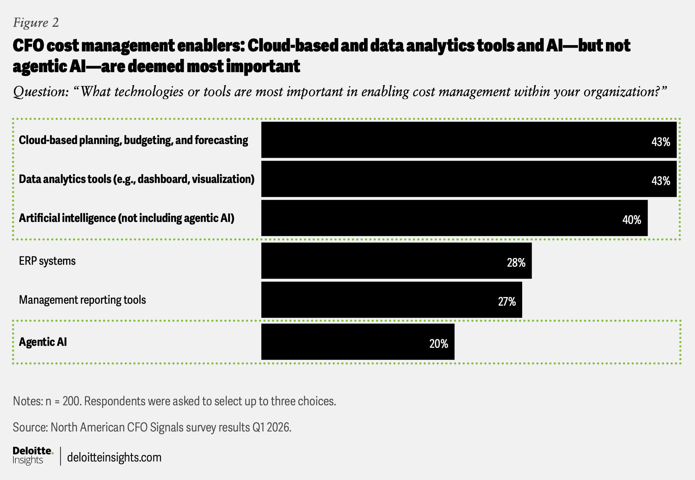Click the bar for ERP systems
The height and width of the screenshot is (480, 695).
[x=396, y=261]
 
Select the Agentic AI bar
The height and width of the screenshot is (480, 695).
[x=358, y=342]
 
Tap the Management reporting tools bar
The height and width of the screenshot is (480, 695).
[x=391, y=300]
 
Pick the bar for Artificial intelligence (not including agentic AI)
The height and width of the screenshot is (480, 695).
[x=454, y=218]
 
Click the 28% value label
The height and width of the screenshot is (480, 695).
[x=516, y=263]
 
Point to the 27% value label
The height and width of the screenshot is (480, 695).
[x=507, y=301]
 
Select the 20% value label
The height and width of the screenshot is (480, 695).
[x=438, y=344]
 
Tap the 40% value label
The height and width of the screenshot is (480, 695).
[x=631, y=220]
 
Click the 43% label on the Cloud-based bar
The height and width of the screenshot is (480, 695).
[x=660, y=142]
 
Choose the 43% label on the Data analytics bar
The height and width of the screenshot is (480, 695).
[x=660, y=181]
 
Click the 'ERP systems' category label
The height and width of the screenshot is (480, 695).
[x=47, y=261]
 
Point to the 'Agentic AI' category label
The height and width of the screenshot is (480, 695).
[x=43, y=342]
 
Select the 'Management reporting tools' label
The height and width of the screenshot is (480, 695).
[x=82, y=300]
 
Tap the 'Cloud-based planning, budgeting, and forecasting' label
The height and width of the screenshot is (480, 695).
[x=133, y=140]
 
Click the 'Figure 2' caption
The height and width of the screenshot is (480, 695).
[x=36, y=22]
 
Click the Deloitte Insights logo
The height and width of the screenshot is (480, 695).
[x=33, y=455]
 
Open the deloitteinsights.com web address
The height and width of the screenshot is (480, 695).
[x=114, y=457]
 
